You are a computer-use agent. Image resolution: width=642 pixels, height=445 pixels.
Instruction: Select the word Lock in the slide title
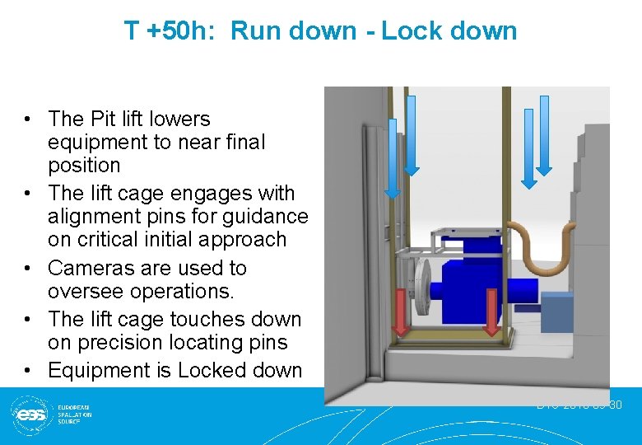(x=411, y=31)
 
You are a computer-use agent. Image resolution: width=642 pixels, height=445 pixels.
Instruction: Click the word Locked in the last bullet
(x=212, y=371)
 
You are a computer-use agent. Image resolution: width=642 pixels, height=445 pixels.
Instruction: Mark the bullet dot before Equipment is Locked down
(x=27, y=371)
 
